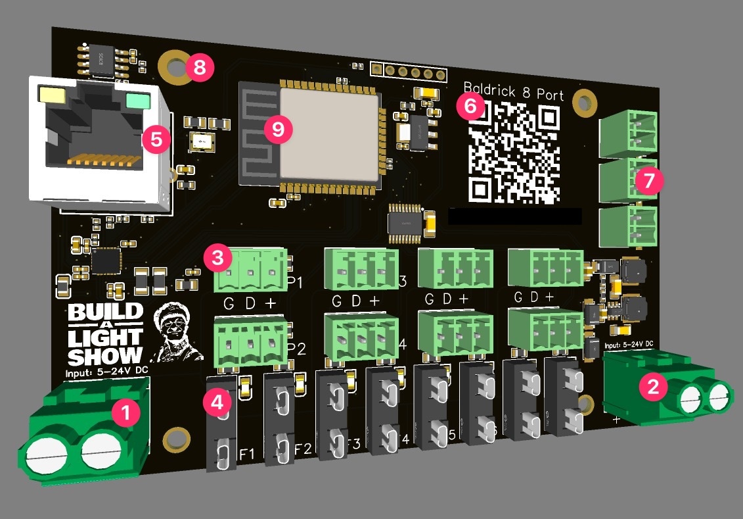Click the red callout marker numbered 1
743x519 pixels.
point(126,414)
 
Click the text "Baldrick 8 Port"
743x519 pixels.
point(513,92)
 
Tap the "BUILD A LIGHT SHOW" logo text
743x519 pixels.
point(106,334)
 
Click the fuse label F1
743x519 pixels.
point(247,453)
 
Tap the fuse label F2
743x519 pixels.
point(303,449)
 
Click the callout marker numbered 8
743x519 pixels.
point(199,66)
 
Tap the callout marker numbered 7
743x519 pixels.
point(650,181)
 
